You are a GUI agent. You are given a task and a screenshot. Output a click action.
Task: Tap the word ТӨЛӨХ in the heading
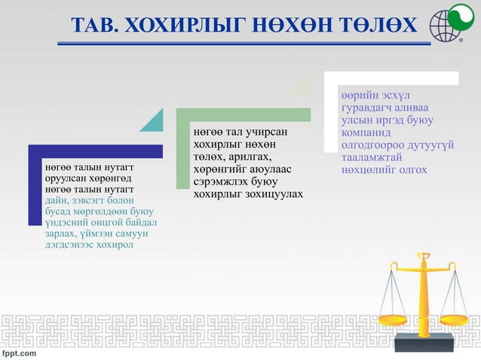(x=376, y=26)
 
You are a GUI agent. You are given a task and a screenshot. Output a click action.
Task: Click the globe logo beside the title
(x=448, y=25)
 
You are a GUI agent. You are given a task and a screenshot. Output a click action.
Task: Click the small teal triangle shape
(x=152, y=120)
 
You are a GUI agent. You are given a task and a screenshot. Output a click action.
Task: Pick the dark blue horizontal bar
(x=95, y=151)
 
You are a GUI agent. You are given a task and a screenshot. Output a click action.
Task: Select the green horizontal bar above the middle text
(x=243, y=114)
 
